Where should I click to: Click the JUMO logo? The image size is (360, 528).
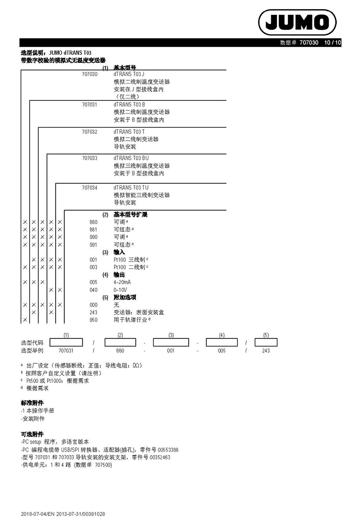[297, 22]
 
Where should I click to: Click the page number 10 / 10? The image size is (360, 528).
[332, 43]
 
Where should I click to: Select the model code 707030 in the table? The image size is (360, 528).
[90, 74]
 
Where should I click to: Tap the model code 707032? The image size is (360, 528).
[90, 132]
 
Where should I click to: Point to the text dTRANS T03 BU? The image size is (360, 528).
[131, 158]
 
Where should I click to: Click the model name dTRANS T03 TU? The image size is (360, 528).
[131, 188]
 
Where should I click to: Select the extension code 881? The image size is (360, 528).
[93, 229]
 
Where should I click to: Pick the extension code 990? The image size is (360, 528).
[93, 237]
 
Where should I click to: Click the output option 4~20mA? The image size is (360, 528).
[122, 282]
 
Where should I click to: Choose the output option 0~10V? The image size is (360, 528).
[120, 290]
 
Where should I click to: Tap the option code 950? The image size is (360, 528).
[93, 320]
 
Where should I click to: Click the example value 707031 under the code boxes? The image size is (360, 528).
[66, 350]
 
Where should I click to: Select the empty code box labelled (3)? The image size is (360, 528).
[171, 342]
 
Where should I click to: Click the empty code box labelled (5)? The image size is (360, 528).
[266, 342]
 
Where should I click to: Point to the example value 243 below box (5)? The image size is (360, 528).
[266, 350]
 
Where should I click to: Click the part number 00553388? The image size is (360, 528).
[168, 450]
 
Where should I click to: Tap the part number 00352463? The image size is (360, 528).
[160, 457]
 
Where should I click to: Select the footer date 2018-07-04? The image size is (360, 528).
[32, 514]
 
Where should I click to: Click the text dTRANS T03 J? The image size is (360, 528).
[129, 74]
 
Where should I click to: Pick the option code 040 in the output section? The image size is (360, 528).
[93, 290]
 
